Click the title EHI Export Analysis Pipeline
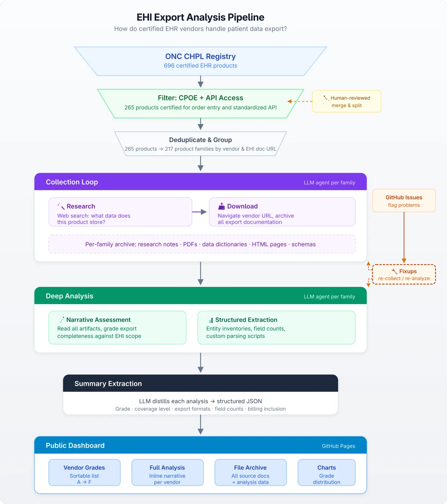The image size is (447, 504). [x=200, y=17]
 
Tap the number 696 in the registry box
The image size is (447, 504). [x=169, y=66]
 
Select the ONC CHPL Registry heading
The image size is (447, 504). [x=200, y=56]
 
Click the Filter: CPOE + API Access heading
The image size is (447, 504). [x=200, y=98]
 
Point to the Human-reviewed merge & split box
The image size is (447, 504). [x=346, y=101]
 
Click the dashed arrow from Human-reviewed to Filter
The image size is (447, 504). [x=300, y=101]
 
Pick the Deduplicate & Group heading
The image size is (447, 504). [x=200, y=140]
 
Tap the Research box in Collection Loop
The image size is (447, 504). [x=120, y=212]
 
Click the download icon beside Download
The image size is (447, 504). [x=221, y=206]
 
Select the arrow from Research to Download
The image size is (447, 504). [x=199, y=212]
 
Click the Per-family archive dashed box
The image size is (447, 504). [x=202, y=244]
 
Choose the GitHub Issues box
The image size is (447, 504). [x=404, y=201]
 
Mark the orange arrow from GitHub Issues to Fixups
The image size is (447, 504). [x=404, y=238]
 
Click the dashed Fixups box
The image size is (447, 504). [x=404, y=275]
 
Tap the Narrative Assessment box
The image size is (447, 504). [x=117, y=327]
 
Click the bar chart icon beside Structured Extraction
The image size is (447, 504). [x=211, y=320]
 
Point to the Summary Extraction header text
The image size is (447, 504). [x=108, y=384]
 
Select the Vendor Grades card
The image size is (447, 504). [x=84, y=472]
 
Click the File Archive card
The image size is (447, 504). [x=250, y=472]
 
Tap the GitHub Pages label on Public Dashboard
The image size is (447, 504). [x=338, y=446]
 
